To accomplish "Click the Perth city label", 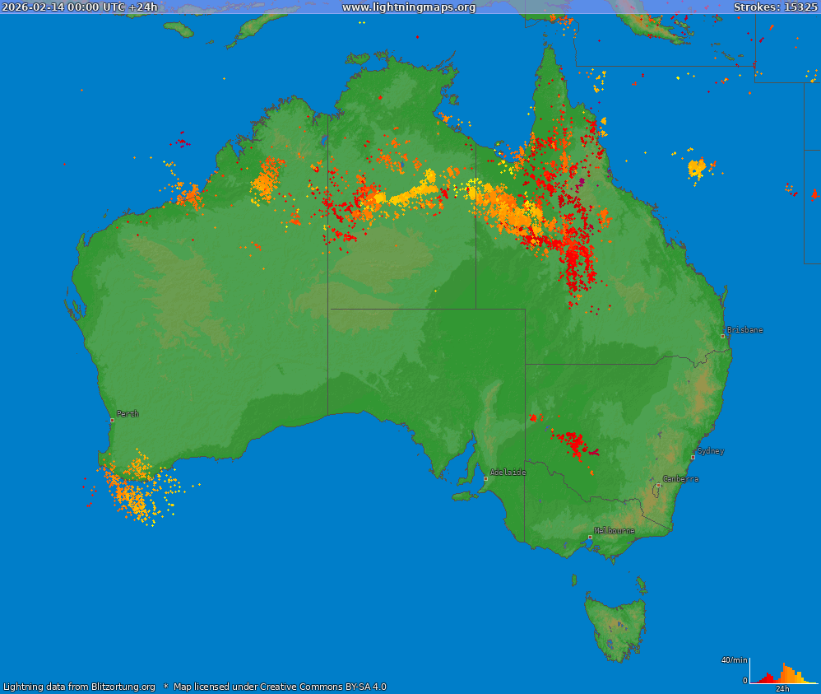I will (x=128, y=414).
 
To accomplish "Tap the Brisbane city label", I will (x=744, y=330).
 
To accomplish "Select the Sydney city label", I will (x=711, y=451).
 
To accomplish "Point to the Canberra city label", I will (x=681, y=478).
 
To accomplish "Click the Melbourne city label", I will (x=615, y=531).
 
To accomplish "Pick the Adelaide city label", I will (x=508, y=473).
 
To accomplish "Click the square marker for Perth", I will (x=113, y=420).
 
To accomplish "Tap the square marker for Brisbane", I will (x=722, y=336).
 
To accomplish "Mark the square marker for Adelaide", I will (x=485, y=478).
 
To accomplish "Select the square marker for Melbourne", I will (x=590, y=537).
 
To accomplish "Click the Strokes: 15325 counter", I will (x=775, y=7).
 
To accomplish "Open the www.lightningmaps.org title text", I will (x=409, y=7).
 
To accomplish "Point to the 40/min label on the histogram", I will (x=734, y=660).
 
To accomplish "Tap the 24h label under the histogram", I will (x=783, y=689).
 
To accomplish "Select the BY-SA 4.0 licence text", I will (x=359, y=687).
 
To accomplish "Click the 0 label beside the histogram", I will (x=744, y=681).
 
